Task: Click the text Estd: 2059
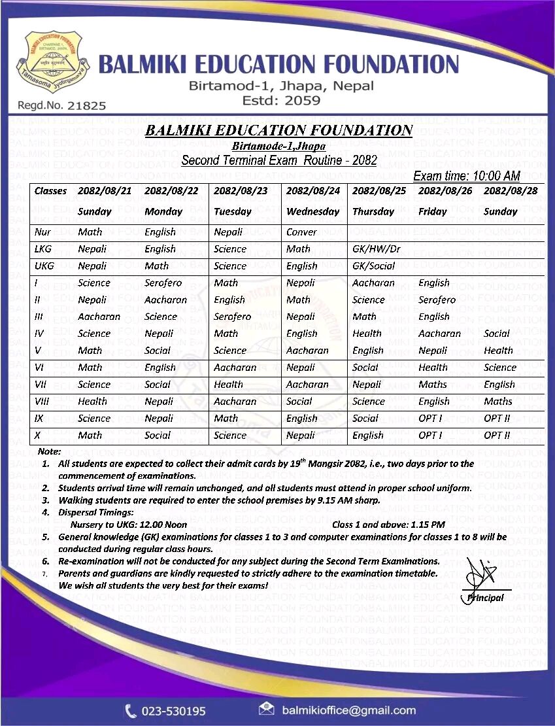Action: click(281, 101)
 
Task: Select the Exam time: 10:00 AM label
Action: click(467, 175)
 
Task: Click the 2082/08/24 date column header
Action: click(313, 191)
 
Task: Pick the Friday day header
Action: click(433, 211)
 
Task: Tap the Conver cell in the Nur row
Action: click(301, 232)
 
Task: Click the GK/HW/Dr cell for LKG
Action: click(376, 249)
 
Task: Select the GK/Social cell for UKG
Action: click(373, 266)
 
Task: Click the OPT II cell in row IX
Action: click(496, 419)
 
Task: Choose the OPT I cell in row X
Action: click(430, 436)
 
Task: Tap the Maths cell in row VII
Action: click(433, 385)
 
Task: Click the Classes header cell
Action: click(50, 191)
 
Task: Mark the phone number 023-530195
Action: click(174, 711)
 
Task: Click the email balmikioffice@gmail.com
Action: click(348, 710)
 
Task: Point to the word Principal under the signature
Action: click(485, 598)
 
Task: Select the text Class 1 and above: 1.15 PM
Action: click(388, 525)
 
